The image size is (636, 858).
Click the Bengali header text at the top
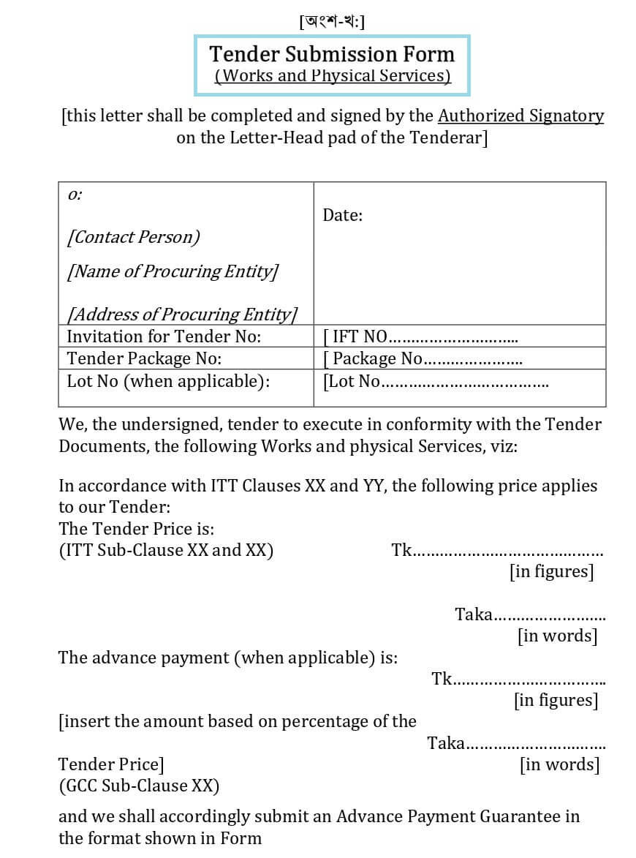click(332, 21)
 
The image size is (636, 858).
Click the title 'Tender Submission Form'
click(332, 54)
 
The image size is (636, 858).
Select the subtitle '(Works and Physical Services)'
click(332, 75)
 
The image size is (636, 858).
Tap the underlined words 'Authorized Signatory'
click(520, 116)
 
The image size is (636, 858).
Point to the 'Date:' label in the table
click(343, 215)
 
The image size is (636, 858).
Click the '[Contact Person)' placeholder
click(133, 237)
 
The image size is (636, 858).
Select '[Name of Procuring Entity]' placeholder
click(173, 271)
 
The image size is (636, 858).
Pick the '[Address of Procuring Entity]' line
click(182, 315)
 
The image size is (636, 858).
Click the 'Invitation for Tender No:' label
click(164, 336)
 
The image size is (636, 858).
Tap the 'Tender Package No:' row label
click(144, 358)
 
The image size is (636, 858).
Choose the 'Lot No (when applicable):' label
click(168, 381)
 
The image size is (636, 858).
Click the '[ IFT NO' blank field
click(420, 337)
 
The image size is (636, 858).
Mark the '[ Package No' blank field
click(423, 359)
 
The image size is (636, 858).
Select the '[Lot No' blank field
click(436, 382)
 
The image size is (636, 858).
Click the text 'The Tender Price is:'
click(136, 529)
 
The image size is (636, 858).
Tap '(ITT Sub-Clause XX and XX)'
click(166, 550)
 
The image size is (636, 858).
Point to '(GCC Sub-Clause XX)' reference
click(139, 786)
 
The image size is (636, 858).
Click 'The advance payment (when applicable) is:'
click(228, 658)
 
